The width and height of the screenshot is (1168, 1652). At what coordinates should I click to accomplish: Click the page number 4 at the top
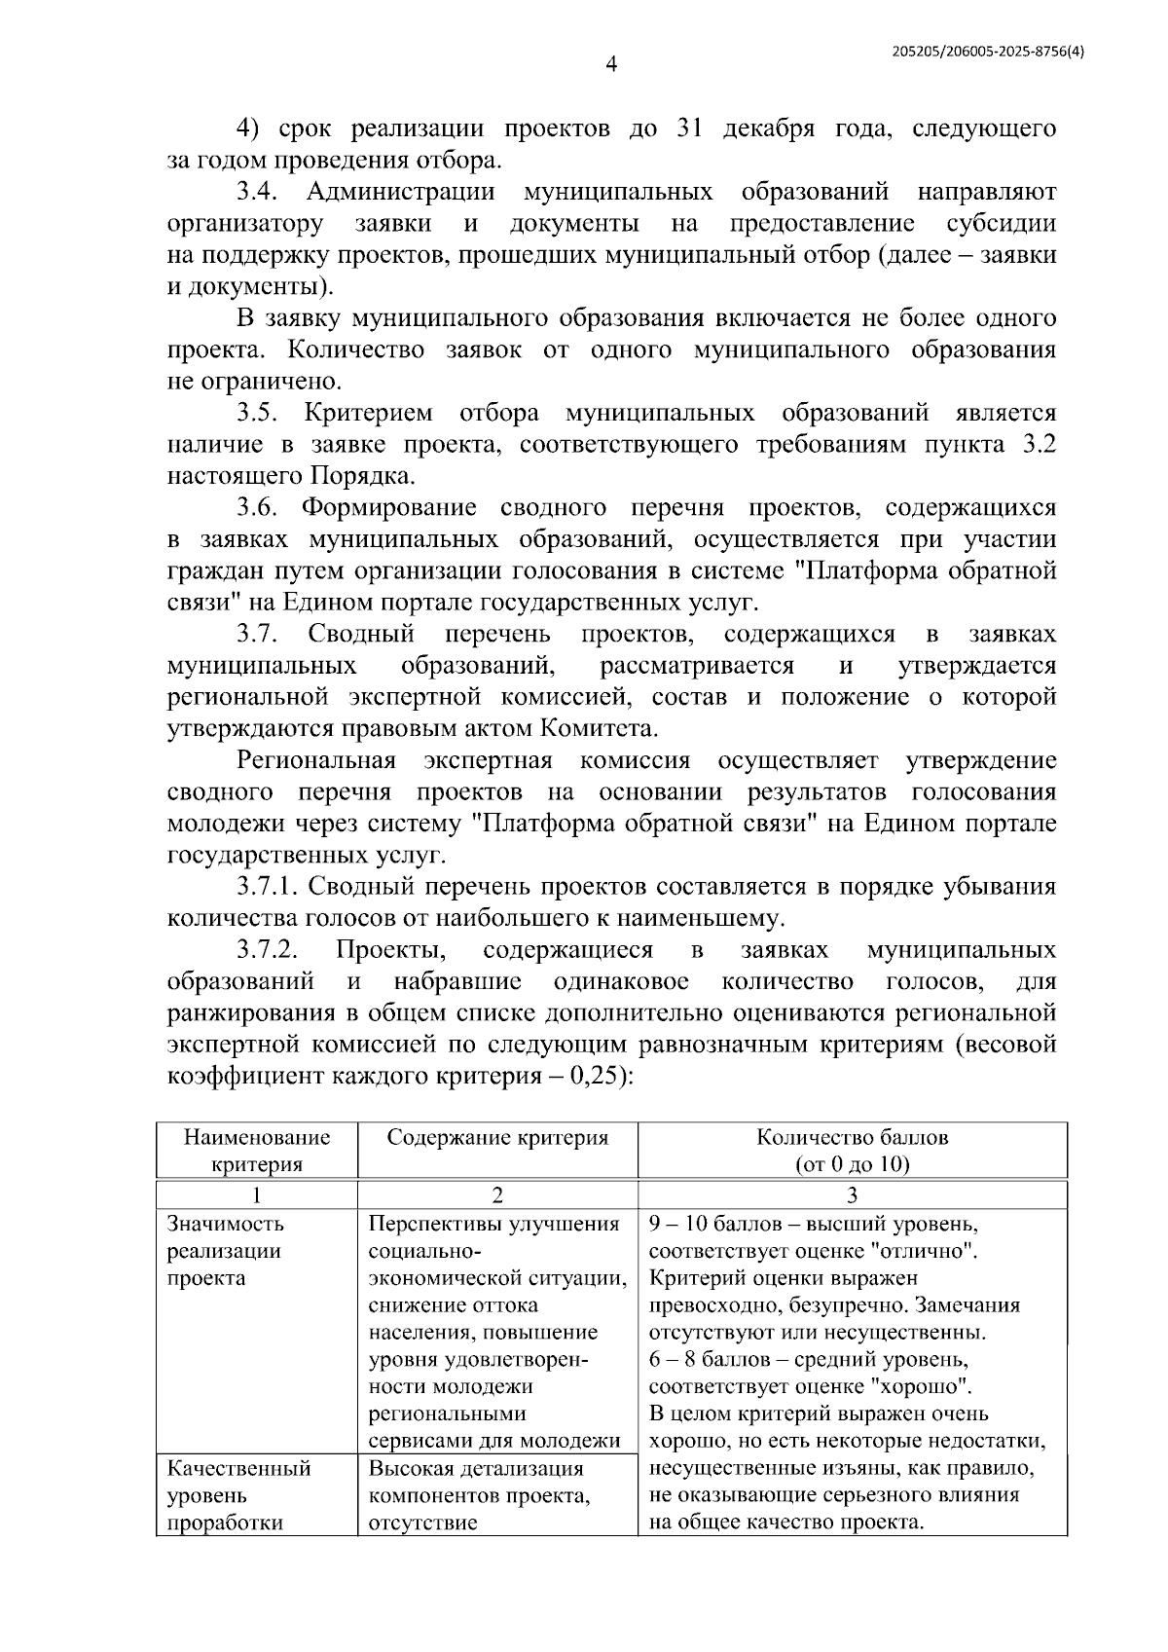coord(610,65)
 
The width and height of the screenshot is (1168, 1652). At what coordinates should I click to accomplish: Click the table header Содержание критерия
coord(497,1137)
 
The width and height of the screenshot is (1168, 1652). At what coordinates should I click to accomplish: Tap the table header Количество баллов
coord(852,1137)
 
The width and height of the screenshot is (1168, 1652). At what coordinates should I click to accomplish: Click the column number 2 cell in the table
coord(497,1194)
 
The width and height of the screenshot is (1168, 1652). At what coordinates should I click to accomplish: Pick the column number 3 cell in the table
coord(852,1194)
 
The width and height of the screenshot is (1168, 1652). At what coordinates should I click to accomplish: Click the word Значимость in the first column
coord(226,1224)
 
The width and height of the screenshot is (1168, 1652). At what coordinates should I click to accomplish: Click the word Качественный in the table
coord(238,1468)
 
